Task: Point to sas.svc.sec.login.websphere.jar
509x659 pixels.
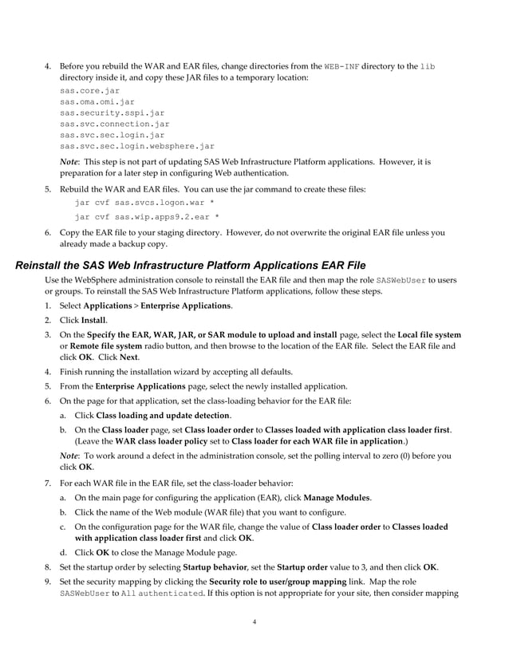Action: tap(136, 147)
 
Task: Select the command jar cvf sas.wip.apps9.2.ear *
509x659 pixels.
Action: tap(147, 216)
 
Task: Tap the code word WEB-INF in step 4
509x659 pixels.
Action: tap(342, 65)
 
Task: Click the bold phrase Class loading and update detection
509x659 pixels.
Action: tap(163, 415)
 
